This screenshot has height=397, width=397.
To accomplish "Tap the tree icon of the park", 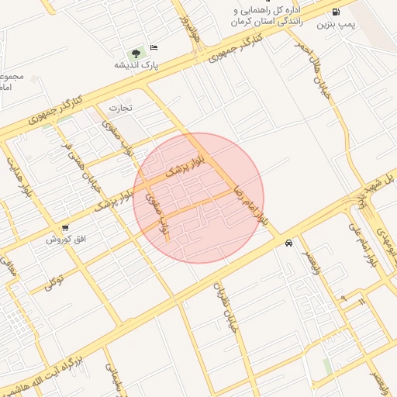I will coord(137,53).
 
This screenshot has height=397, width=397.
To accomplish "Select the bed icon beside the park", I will coord(154,47).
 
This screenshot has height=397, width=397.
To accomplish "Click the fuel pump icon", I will coord(336,12).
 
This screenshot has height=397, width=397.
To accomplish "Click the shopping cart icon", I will coord(64,228).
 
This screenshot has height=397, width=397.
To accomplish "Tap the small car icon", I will coord(288,243).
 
